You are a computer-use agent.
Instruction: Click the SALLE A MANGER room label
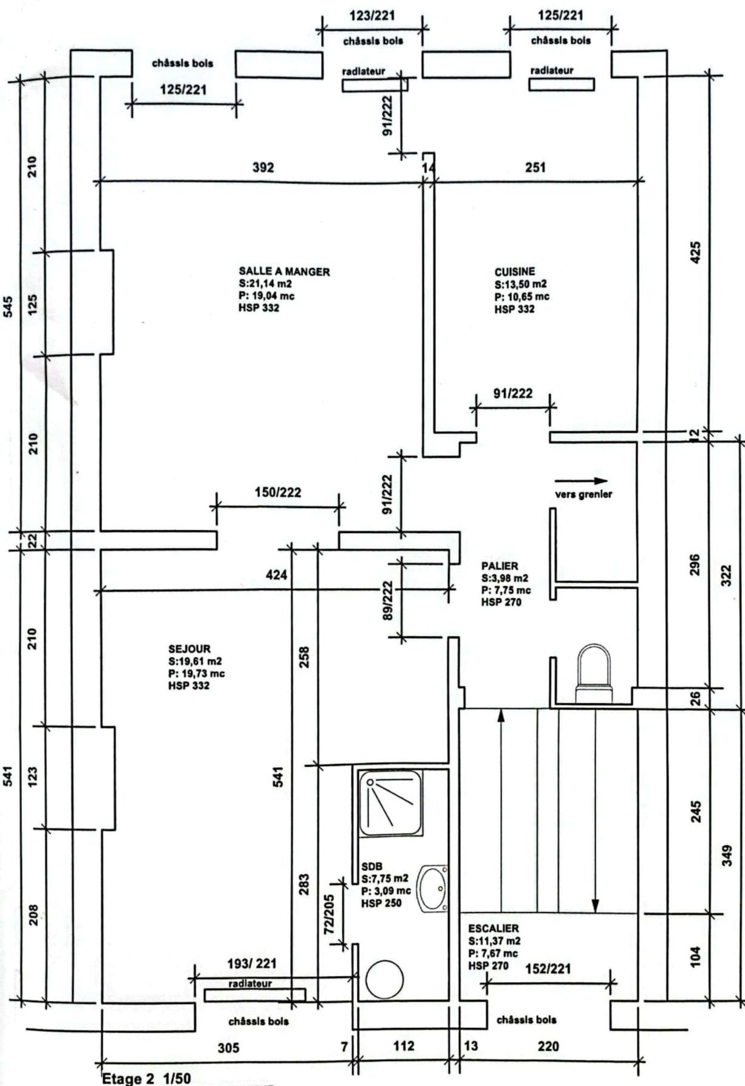(x=284, y=271)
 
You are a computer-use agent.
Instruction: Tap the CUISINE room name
(x=515, y=272)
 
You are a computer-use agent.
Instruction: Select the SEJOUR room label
(x=189, y=649)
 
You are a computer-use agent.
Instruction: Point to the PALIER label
(x=500, y=566)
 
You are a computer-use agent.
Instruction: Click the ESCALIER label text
(x=494, y=928)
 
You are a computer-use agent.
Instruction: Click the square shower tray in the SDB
(x=390, y=802)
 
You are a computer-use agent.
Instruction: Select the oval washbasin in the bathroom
(x=434, y=889)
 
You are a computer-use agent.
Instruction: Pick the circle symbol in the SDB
(x=385, y=979)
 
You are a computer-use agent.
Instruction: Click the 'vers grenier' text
(x=583, y=494)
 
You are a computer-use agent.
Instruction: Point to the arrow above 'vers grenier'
(x=580, y=481)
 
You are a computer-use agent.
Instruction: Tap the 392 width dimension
(x=263, y=167)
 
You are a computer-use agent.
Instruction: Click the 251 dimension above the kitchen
(x=535, y=167)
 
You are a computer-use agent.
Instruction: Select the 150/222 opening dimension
(x=277, y=492)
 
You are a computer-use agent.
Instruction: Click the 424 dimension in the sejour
(x=277, y=574)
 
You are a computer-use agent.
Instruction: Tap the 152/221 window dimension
(x=547, y=969)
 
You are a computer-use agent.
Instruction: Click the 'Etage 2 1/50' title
(x=146, y=1078)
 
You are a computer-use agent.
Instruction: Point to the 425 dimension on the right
(x=696, y=253)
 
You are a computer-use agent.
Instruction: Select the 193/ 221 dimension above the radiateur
(x=252, y=963)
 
